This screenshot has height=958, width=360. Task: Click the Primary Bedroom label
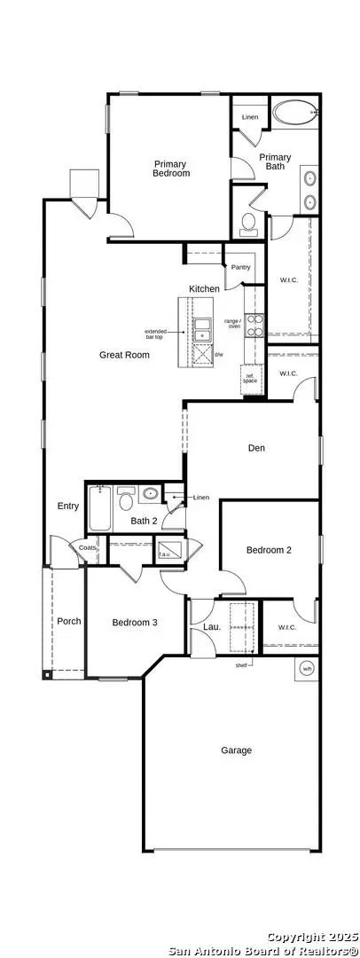pyautogui.click(x=171, y=169)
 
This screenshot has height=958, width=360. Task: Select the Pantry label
pyautogui.click(x=240, y=267)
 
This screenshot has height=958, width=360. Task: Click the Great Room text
pyautogui.click(x=124, y=355)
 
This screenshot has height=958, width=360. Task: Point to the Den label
pyautogui.click(x=256, y=448)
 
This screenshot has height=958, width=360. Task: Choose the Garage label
pyautogui.click(x=237, y=750)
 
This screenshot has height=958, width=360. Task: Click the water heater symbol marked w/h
pyautogui.click(x=307, y=668)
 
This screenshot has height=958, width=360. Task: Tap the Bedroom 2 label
pyautogui.click(x=269, y=550)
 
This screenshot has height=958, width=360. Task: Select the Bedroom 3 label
pyautogui.click(x=135, y=623)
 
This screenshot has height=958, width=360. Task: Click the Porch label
pyautogui.click(x=69, y=621)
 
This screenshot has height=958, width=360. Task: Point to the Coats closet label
pyautogui.click(x=87, y=548)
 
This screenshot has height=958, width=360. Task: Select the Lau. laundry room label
pyautogui.click(x=211, y=626)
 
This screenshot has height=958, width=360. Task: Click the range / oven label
pyautogui.click(x=232, y=324)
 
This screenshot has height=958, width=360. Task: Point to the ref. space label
pyautogui.click(x=251, y=379)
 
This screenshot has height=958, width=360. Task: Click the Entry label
pyautogui.click(x=68, y=506)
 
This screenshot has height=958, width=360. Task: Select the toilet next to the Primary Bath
pyautogui.click(x=248, y=222)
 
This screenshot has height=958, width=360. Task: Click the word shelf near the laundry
pyautogui.click(x=240, y=664)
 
